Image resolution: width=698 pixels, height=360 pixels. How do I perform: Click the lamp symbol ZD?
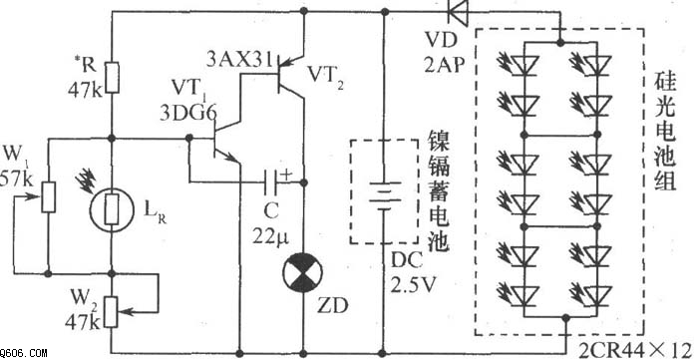[303, 272]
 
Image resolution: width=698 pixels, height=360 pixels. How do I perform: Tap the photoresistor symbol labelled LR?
[112, 209]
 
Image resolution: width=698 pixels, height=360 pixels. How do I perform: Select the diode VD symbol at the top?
[459, 12]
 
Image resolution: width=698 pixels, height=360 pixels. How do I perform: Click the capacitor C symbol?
[271, 182]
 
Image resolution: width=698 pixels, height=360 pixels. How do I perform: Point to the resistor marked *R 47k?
[112, 76]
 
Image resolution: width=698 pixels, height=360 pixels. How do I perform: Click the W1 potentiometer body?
[48, 196]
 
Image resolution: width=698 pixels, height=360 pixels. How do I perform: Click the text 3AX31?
[239, 59]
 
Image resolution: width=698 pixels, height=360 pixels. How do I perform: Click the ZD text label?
[332, 306]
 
